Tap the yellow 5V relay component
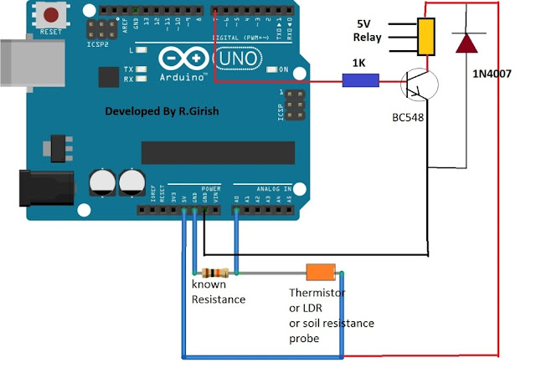(427, 37)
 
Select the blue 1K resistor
(361, 81)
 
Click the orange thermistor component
(320, 272)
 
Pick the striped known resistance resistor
(216, 273)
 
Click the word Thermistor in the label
(317, 293)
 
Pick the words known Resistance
(219, 292)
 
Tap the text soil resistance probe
(332, 330)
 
